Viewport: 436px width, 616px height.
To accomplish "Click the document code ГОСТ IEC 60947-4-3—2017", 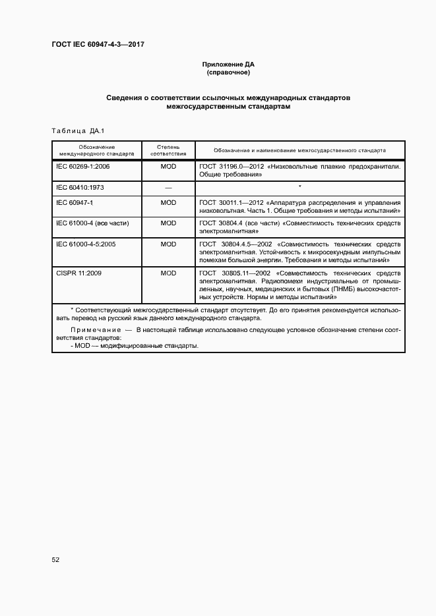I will (x=98, y=45).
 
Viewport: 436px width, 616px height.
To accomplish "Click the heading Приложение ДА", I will (x=228, y=65).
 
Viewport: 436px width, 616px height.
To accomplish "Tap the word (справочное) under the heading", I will (x=228, y=73).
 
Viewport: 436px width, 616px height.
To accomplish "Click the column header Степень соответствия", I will (x=168, y=150).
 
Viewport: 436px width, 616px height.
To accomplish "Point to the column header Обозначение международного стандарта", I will (x=96, y=150).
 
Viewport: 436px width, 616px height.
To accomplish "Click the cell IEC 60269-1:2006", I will (x=83, y=167).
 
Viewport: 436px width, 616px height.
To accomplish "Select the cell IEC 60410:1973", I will (x=80, y=188).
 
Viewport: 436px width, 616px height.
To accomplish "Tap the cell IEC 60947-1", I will (x=75, y=203).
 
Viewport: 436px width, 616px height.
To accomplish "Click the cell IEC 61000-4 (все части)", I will (x=93, y=223).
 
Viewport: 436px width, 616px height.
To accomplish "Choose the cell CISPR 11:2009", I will (x=78, y=272).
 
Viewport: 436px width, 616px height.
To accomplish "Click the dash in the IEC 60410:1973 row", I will (x=168, y=188).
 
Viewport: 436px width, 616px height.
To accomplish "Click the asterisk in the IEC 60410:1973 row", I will (x=300, y=187).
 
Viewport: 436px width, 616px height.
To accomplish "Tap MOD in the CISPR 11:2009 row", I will (x=168, y=272).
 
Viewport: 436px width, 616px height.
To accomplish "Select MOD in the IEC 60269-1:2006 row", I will (x=168, y=167).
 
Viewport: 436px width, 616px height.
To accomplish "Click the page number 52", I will (x=56, y=559).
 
